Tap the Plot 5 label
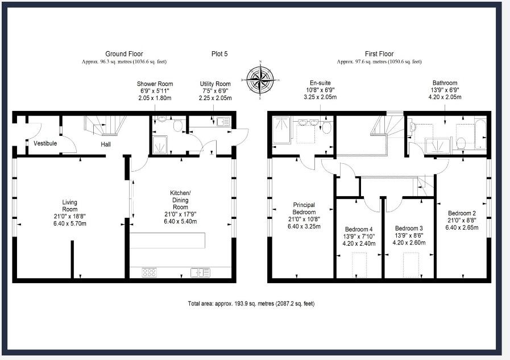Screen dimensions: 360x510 tap(219, 54)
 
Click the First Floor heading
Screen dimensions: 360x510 tap(379, 54)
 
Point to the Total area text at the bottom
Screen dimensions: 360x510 tap(251, 304)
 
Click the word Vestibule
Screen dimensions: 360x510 tap(45, 143)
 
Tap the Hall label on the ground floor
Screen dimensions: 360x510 tap(106, 144)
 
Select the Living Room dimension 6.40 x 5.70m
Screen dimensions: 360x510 tap(70, 224)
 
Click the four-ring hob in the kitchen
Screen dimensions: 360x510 tap(149, 272)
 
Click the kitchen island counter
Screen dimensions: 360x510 tap(167, 241)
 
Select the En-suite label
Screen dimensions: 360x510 tap(321, 83)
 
